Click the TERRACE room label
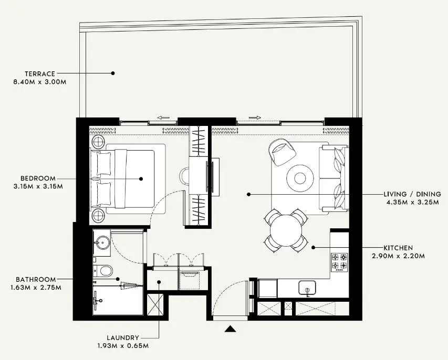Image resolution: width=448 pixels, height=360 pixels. click(40, 74)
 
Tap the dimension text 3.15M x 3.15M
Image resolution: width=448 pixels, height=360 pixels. click(38, 187)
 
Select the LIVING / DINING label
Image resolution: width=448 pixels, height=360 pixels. click(412, 194)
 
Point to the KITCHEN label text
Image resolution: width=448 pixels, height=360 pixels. click(398, 248)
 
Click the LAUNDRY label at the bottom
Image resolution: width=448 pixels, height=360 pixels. click(123, 338)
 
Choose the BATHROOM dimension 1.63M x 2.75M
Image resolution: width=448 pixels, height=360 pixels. click(36, 288)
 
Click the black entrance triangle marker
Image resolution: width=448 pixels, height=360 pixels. click(230, 329)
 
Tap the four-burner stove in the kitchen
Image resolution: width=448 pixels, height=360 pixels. click(339, 262)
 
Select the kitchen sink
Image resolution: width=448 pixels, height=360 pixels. click(307, 288)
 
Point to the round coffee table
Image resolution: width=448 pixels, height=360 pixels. click(300, 178)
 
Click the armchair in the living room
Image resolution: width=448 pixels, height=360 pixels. click(282, 152)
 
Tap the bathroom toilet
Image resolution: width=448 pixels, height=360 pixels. click(103, 271)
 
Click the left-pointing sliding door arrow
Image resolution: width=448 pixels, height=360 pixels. click(163, 118)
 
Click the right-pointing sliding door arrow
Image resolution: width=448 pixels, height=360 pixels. click(255, 118)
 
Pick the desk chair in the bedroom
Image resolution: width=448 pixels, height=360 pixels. click(184, 177)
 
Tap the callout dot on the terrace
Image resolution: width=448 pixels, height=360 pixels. click(113, 73)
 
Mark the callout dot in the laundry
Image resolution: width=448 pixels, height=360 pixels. click(159, 282)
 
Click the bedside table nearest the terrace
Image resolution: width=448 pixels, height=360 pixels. click(98, 142)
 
